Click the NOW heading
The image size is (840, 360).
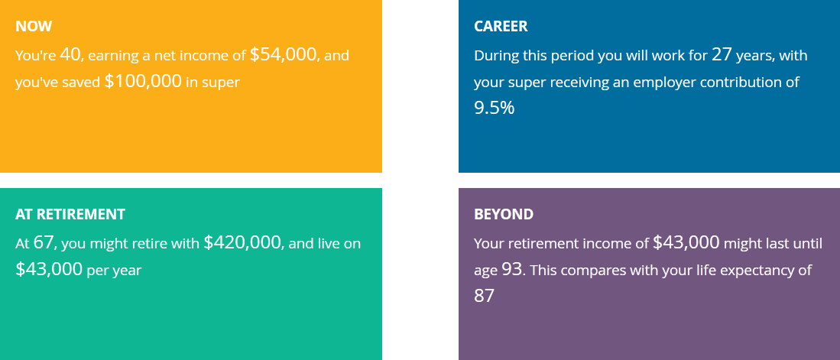tap(34, 26)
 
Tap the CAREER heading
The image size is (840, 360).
tap(501, 26)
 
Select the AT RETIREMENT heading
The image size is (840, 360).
tap(70, 214)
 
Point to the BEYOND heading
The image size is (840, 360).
tap(504, 214)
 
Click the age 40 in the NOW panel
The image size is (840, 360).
tap(70, 54)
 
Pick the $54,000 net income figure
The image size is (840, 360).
tap(284, 54)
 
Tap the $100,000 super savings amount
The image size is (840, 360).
tap(143, 82)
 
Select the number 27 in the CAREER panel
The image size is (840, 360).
tap(722, 54)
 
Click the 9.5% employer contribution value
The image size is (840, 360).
tap(494, 109)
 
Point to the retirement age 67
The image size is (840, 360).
tap(44, 242)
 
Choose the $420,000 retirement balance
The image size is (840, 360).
tap(243, 243)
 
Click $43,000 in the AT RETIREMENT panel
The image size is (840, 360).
tap(49, 270)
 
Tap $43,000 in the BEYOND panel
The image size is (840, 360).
tap(686, 243)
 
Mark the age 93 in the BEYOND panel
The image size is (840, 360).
tap(511, 269)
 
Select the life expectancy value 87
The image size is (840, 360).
tap(485, 296)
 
